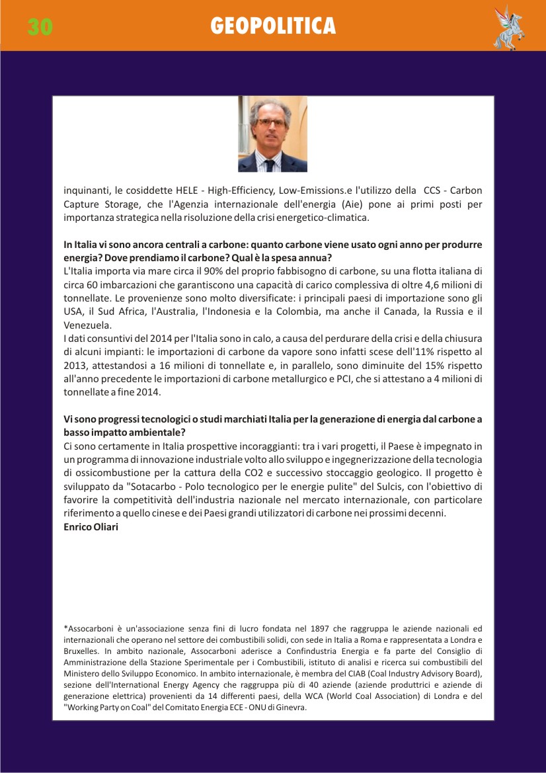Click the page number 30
pyautogui.click(x=40, y=26)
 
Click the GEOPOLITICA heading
pyautogui.click(x=273, y=26)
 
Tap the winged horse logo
pyautogui.click(x=508, y=27)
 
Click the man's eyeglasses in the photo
pyautogui.click(x=272, y=122)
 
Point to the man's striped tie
pyautogui.click(x=273, y=161)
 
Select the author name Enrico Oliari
pyautogui.click(x=91, y=526)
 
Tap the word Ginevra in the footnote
pyautogui.click(x=292, y=707)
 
